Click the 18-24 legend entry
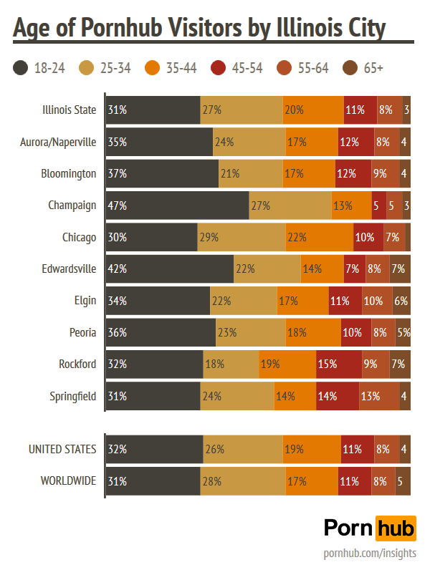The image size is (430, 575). coord(39,68)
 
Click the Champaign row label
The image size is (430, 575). coord(72,206)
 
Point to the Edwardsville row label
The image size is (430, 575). coord(69,269)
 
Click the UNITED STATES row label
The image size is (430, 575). coord(62,449)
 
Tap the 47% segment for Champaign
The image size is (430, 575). coord(177,206)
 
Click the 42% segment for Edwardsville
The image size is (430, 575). coord(169,269)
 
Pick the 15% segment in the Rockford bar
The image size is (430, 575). coord(339,364)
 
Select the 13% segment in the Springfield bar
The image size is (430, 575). coord(379,395)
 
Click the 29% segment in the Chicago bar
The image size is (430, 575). coord(240,237)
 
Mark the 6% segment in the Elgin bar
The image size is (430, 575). coord(401,301)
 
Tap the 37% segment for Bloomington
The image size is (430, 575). coord(162,174)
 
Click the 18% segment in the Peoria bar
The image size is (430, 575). coord(313,332)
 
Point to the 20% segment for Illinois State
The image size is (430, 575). coord(313,110)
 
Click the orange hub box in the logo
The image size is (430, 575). coord(396,528)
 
